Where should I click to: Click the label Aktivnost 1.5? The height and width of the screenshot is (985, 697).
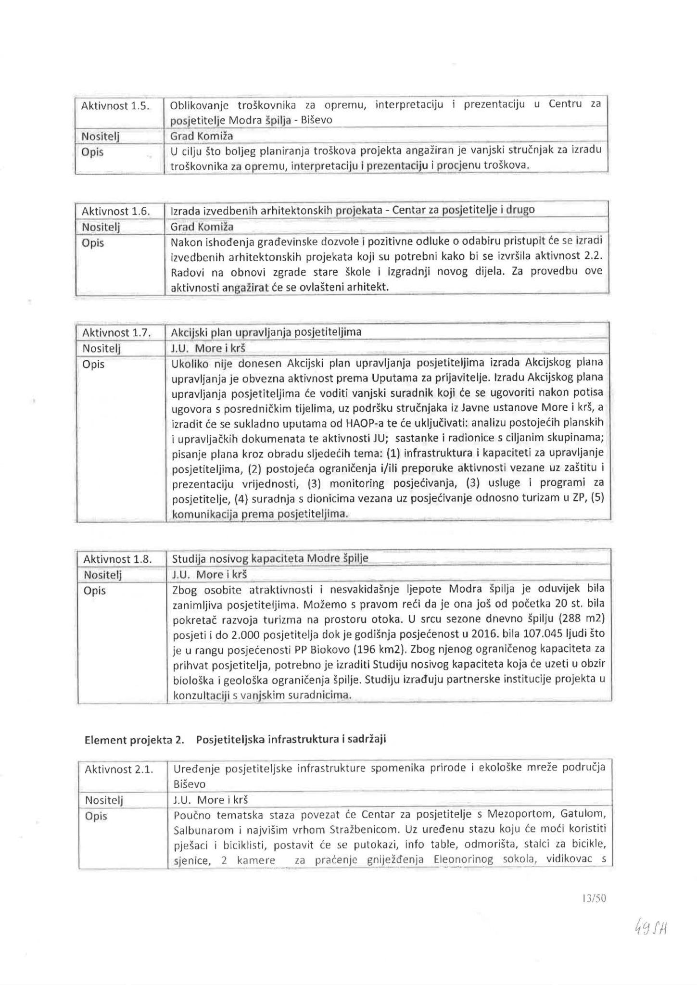click(x=115, y=105)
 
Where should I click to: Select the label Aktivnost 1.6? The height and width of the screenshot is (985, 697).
click(x=115, y=211)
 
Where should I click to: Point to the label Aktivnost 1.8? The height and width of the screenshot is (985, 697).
click(x=117, y=559)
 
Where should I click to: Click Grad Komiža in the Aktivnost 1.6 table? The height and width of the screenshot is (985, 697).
click(x=202, y=227)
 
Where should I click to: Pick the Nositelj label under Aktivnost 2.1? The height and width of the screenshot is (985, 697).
click(x=104, y=800)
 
